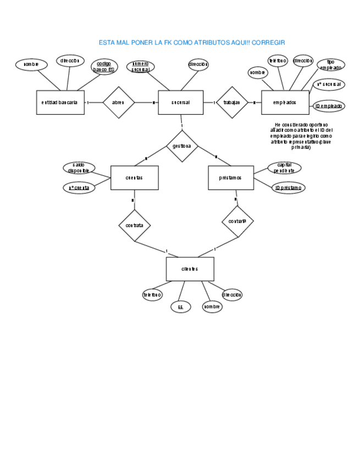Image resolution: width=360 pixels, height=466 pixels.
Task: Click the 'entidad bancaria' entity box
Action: (x=60, y=102)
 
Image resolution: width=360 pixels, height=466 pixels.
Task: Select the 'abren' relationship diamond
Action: (x=119, y=102)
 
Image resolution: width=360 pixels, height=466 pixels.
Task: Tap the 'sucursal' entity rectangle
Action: (x=180, y=102)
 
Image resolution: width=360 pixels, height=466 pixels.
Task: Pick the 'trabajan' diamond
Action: (x=231, y=102)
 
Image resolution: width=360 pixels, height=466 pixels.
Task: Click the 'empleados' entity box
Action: (x=285, y=102)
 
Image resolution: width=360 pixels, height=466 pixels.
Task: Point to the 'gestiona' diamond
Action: (x=182, y=146)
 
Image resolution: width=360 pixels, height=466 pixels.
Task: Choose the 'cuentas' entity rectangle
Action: (x=134, y=177)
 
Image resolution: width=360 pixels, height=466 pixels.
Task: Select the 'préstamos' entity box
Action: (x=230, y=177)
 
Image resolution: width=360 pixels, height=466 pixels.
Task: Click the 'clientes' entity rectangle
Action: (x=190, y=269)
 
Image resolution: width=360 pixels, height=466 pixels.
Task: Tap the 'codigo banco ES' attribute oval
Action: (x=104, y=67)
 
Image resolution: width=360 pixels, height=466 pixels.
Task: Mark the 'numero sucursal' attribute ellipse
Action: (x=140, y=67)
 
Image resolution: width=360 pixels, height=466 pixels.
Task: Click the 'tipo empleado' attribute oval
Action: (x=331, y=65)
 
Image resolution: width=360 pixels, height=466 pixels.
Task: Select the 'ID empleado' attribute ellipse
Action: (x=329, y=106)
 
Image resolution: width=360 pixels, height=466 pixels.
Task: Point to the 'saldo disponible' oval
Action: (x=79, y=168)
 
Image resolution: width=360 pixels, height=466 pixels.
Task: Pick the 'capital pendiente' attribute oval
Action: (x=284, y=167)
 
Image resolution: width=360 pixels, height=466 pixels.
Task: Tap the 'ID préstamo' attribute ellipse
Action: (x=288, y=188)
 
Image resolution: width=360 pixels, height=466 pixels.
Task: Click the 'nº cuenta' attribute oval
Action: (x=79, y=188)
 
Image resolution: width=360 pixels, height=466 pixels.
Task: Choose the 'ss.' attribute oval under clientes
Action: (x=180, y=307)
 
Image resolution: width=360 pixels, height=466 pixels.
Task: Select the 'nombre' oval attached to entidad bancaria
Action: (x=31, y=64)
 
